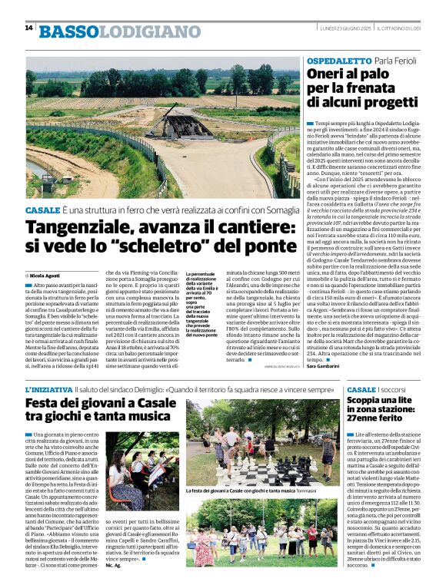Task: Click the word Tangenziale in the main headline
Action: click(76, 228)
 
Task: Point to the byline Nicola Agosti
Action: click(45, 275)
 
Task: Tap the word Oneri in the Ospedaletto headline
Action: click(328, 75)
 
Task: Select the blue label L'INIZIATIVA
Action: click(48, 389)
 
